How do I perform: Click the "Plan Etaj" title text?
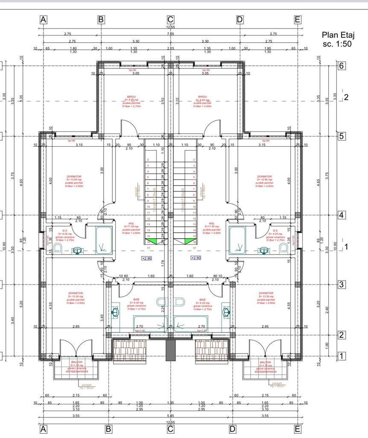coord(339,35)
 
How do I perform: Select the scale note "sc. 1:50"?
coord(337,44)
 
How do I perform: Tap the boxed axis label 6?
coord(341,66)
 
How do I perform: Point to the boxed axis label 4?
coord(341,215)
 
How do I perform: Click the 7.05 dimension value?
coord(170,34)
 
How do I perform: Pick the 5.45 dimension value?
coord(170,415)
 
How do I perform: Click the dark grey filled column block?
coord(170,349)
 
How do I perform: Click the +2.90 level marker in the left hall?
coord(147,258)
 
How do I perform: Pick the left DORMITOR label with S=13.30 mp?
coord(76,293)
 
